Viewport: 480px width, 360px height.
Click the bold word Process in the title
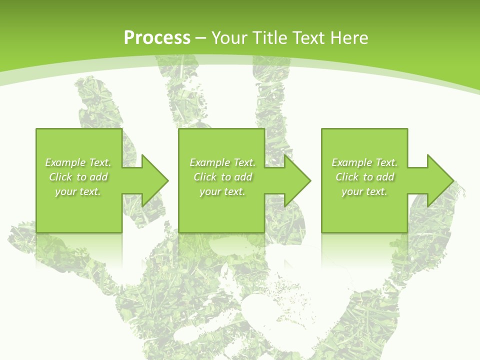pos(157,38)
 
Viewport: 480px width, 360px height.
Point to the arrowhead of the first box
pos(155,180)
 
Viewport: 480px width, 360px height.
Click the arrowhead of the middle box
pos(297,180)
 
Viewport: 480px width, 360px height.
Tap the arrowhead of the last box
pos(440,180)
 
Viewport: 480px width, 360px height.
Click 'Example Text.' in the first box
pos(78,162)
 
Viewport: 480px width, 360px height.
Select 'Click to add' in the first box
pos(78,177)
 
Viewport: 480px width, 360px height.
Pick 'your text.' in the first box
pos(78,191)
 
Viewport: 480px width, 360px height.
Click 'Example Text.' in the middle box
pos(222,162)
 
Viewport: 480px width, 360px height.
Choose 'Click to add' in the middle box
pos(222,177)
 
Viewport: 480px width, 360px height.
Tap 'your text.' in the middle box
pos(222,191)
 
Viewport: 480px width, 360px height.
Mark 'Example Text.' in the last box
pos(364,162)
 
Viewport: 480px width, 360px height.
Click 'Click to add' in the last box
pos(364,177)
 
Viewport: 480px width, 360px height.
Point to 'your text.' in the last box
pos(364,191)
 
